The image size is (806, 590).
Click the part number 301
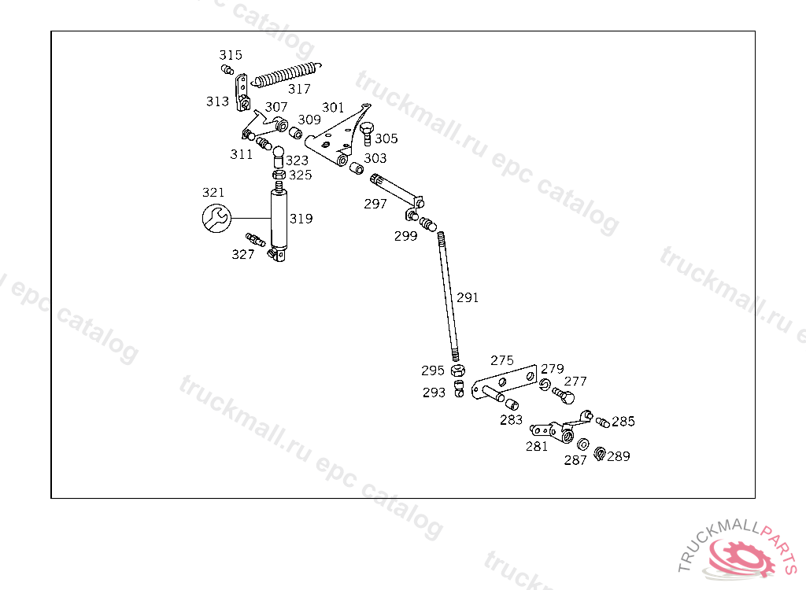333,107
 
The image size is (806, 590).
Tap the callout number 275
502,360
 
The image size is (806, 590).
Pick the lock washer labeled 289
599,453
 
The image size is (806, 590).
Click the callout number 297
375,204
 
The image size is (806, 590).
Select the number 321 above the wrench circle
213,192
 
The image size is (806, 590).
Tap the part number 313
218,101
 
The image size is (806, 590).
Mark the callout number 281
537,447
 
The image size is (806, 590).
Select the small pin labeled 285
602,422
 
